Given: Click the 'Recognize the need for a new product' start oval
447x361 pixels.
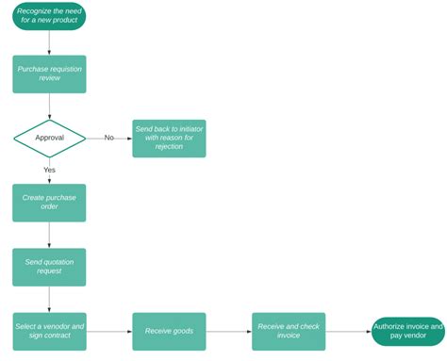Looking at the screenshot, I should [x=49, y=16].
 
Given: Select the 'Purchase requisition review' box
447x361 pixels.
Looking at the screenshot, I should [x=49, y=74].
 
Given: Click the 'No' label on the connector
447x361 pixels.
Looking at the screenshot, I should [x=108, y=138].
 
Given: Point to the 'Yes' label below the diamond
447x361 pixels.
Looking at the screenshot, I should [x=49, y=170].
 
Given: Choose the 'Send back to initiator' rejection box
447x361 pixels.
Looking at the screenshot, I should [x=169, y=138].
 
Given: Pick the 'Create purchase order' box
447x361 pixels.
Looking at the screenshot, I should [x=49, y=203].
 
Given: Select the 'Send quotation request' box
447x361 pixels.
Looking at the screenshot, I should [x=49, y=267].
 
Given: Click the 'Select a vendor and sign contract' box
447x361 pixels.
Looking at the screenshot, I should [x=49, y=331].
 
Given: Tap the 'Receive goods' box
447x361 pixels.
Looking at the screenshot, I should [x=169, y=331].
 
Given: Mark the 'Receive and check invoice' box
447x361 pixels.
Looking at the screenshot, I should [x=289, y=331].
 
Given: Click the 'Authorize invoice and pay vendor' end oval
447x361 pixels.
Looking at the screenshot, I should [x=408, y=331].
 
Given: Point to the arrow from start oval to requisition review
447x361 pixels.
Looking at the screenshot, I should [x=49, y=42].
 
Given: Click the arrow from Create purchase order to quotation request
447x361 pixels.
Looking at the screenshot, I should [x=49, y=235].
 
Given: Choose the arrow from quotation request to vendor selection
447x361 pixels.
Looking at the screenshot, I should [x=49, y=299].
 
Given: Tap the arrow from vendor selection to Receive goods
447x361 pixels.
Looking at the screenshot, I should [x=109, y=331].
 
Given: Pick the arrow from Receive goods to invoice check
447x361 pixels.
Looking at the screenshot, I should [x=229, y=331].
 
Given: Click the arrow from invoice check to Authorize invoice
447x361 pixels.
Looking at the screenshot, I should [x=348, y=331].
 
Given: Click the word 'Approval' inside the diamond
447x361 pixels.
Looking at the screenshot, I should [x=49, y=138].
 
